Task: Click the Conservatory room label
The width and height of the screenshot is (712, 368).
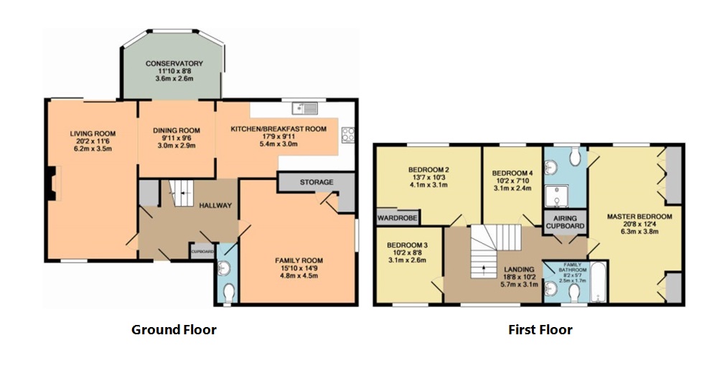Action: click(174, 64)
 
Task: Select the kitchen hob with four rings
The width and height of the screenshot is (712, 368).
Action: click(348, 136)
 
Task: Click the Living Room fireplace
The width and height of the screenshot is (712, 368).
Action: click(54, 184)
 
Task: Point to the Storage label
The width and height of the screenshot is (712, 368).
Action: click(317, 182)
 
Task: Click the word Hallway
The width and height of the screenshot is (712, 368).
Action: click(216, 205)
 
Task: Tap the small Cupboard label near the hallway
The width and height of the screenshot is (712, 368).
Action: click(202, 251)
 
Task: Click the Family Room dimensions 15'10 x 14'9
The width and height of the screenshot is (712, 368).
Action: click(299, 268)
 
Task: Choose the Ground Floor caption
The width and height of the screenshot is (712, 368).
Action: click(174, 329)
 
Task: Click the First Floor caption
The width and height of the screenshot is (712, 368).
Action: click(540, 329)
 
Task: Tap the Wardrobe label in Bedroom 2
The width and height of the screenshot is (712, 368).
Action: click(397, 218)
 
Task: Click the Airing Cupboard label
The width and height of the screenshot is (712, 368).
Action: click(565, 222)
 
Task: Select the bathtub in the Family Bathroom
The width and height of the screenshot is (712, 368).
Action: click(599, 282)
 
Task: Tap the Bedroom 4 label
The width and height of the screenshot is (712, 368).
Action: click(512, 174)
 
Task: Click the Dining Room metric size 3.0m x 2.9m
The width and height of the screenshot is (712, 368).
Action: click(176, 145)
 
